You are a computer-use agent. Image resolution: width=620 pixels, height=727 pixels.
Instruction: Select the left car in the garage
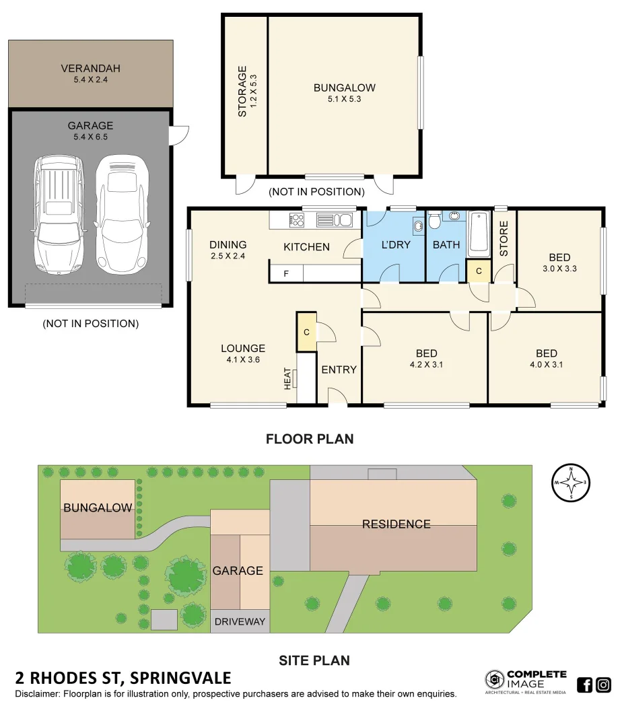59,215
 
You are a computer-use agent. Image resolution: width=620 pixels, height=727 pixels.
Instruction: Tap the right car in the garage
121,215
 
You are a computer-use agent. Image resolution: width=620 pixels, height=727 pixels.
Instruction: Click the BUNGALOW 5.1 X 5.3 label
344,93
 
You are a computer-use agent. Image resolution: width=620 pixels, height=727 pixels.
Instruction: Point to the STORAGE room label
243,92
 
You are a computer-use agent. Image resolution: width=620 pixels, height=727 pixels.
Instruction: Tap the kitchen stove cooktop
296,219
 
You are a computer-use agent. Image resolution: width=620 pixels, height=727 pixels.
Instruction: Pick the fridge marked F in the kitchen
286,274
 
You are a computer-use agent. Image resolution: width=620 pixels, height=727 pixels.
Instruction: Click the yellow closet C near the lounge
306,332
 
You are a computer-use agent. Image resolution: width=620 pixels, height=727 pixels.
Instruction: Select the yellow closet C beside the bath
478,271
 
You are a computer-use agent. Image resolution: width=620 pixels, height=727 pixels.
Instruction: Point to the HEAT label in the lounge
287,378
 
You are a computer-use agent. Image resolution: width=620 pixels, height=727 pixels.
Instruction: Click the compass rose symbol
571,483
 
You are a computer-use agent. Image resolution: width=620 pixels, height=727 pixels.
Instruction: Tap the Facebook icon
585,685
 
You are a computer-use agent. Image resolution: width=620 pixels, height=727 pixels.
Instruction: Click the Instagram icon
604,685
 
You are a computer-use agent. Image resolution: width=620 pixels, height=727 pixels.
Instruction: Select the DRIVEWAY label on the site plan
240,621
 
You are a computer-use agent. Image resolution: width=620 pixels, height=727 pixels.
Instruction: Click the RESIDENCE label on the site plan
396,524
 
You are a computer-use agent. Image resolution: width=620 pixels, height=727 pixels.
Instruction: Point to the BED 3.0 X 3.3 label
559,263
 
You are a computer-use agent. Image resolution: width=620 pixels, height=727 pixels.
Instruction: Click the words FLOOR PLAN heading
310,439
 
